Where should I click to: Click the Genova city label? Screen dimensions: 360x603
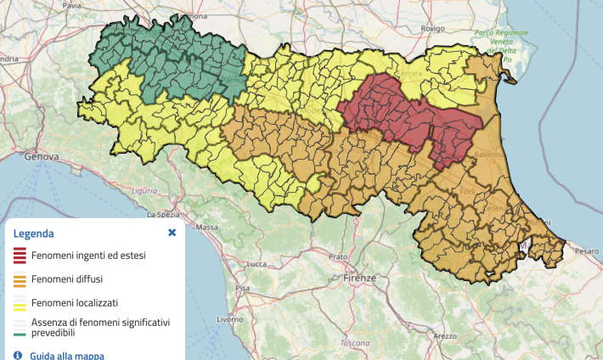[x=42, y=157]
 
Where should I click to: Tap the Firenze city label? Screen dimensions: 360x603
[x=360, y=278]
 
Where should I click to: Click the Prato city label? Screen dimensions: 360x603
[x=339, y=256]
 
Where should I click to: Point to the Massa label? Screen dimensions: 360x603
[x=206, y=228]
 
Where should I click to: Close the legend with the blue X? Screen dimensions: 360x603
[x=172, y=232]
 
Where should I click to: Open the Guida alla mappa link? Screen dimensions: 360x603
[x=67, y=356]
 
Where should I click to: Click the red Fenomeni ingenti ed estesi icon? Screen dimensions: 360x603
[x=19, y=254]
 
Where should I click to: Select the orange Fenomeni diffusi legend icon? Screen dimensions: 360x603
[x=19, y=278]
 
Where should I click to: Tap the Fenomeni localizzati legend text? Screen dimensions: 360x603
[x=75, y=301]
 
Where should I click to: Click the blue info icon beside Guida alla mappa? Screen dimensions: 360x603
[x=18, y=355]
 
